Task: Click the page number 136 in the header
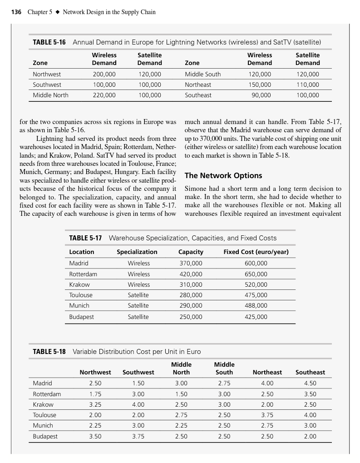click(x=16, y=12)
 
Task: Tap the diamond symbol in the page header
click(x=57, y=12)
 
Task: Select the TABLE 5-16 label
click(x=49, y=42)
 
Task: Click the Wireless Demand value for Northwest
click(x=104, y=74)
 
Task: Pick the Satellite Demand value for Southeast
click(x=307, y=95)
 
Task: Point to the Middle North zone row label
click(x=50, y=95)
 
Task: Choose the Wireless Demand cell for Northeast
click(x=260, y=85)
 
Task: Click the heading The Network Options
click(x=223, y=175)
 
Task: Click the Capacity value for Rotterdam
click(x=191, y=274)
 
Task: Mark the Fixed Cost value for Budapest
click(x=256, y=317)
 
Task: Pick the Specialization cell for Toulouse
click(x=138, y=295)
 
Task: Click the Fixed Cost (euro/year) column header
click(x=256, y=252)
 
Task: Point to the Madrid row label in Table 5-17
click(x=79, y=263)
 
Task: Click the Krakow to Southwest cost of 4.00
click(x=138, y=404)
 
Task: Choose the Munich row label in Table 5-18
click(x=43, y=425)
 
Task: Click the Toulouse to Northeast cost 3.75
click(x=267, y=415)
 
